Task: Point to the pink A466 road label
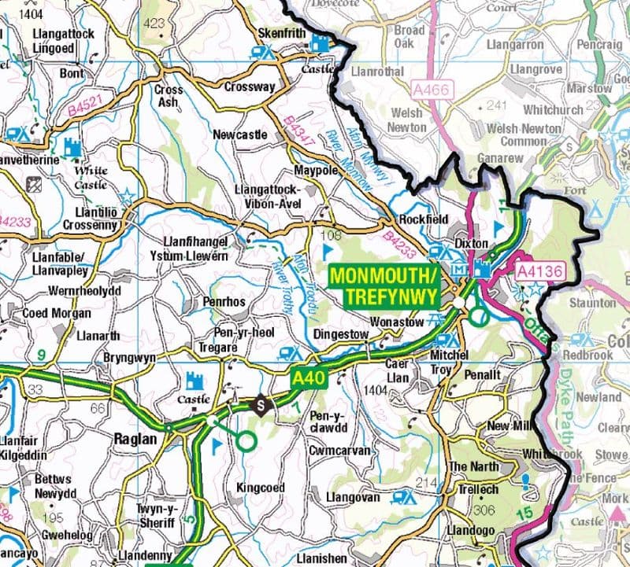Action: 429,90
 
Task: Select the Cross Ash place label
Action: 169,96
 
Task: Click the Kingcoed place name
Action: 261,488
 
